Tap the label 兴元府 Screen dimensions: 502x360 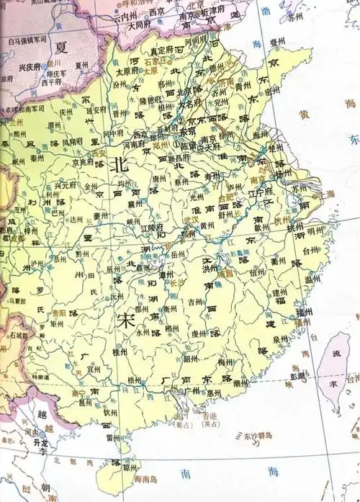coord(66,186)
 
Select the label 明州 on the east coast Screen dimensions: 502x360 coord(315,232)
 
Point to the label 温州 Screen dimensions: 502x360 coord(313,279)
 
